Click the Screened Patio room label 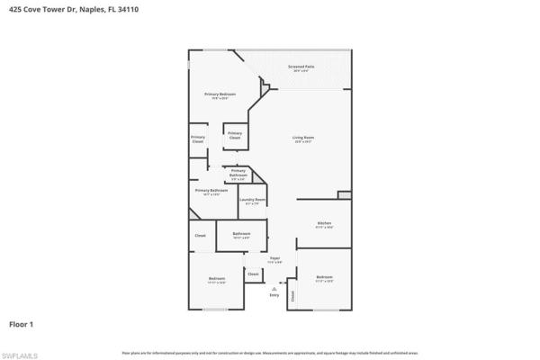301,67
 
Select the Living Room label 303,138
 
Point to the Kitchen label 325,222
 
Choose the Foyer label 275,257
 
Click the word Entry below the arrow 274,294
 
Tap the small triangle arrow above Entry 274,287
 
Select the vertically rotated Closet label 292,294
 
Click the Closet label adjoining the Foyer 253,274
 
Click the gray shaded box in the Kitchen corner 344,195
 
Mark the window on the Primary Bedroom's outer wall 189,67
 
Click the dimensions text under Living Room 303,142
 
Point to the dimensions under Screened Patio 301,71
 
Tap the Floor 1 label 21,322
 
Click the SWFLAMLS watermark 20,354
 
